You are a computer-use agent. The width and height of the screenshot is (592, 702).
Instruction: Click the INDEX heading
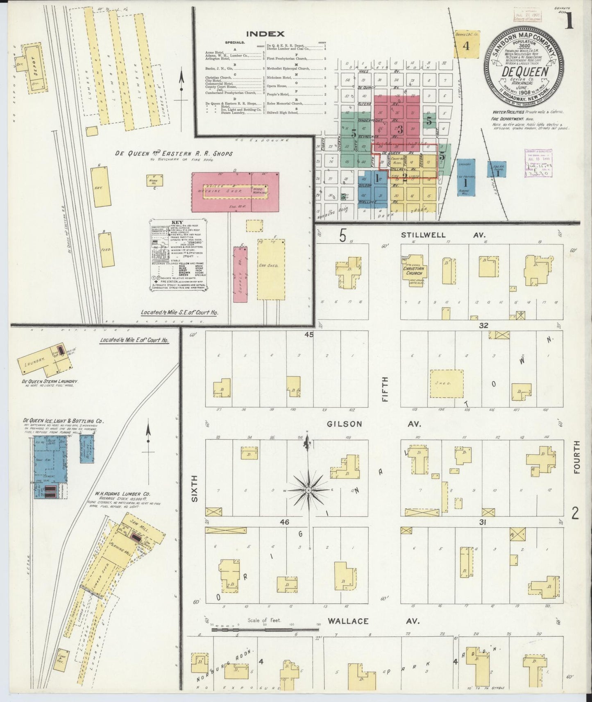pyautogui.click(x=265, y=34)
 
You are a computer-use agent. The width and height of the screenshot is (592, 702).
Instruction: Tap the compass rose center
pyautogui.click(x=308, y=490)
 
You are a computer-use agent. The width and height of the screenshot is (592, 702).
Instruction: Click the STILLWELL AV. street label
pyautogui.click(x=437, y=235)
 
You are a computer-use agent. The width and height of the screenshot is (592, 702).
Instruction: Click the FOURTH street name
pyautogui.click(x=577, y=457)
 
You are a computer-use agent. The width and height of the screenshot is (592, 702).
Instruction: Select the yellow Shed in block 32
pyautogui.click(x=447, y=383)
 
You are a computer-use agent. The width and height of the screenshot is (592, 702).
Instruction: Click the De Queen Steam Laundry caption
pyautogui.click(x=50, y=381)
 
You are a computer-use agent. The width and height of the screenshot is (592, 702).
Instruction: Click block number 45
pyautogui.click(x=308, y=335)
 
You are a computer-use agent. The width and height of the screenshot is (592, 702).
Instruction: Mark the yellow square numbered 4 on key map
pyautogui.click(x=466, y=45)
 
